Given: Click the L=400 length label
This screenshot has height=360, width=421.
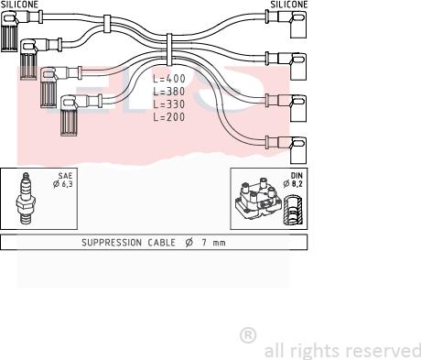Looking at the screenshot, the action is coord(169,79).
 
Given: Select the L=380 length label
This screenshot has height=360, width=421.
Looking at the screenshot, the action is coord(169,92).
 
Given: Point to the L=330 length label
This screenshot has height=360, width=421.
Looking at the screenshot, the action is coord(169,104).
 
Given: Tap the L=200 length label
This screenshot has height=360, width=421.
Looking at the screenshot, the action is coord(169,117).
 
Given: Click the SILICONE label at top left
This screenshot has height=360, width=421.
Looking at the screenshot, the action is coord(19,5).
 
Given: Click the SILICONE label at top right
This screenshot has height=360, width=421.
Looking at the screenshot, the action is coord(289,5).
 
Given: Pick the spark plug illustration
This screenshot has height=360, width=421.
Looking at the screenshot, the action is coord(26,198).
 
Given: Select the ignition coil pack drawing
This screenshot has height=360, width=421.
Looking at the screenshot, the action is coord(258,198).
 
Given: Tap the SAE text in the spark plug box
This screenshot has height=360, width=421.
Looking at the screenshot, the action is coord(65,176).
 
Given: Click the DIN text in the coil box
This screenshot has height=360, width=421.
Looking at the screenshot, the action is coord(297,176).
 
